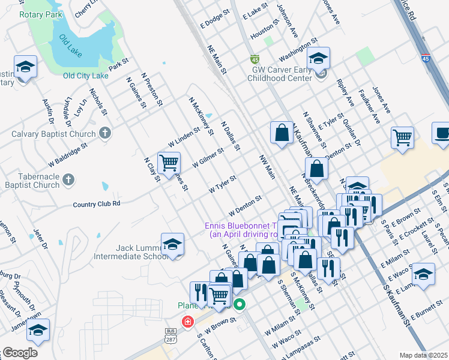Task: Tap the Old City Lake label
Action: click(85, 76)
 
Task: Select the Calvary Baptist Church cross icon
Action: click(105, 133)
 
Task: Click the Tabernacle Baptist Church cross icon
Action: click(69, 179)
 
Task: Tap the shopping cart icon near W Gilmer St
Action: click(170, 162)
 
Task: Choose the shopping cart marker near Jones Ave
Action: click(402, 137)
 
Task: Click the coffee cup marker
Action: click(442, 133)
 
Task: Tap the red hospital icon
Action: click(188, 322)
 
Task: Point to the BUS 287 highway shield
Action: click(171, 335)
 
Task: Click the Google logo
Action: click(20, 352)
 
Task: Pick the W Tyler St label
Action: click(223, 184)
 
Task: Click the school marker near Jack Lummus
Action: click(172, 244)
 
